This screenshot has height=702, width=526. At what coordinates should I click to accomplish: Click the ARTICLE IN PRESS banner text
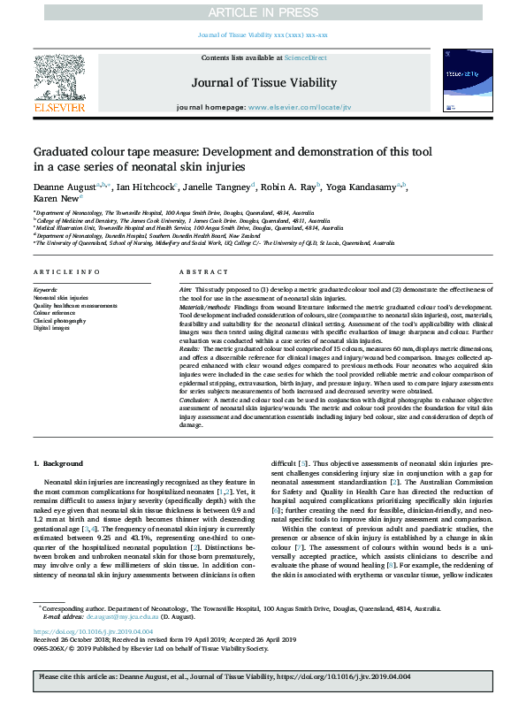point(263,11)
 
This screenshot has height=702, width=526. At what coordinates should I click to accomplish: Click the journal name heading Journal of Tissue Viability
point(263,83)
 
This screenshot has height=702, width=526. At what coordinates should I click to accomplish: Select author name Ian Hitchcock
point(144,187)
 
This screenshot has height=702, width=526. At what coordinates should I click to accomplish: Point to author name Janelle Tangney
point(220,187)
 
